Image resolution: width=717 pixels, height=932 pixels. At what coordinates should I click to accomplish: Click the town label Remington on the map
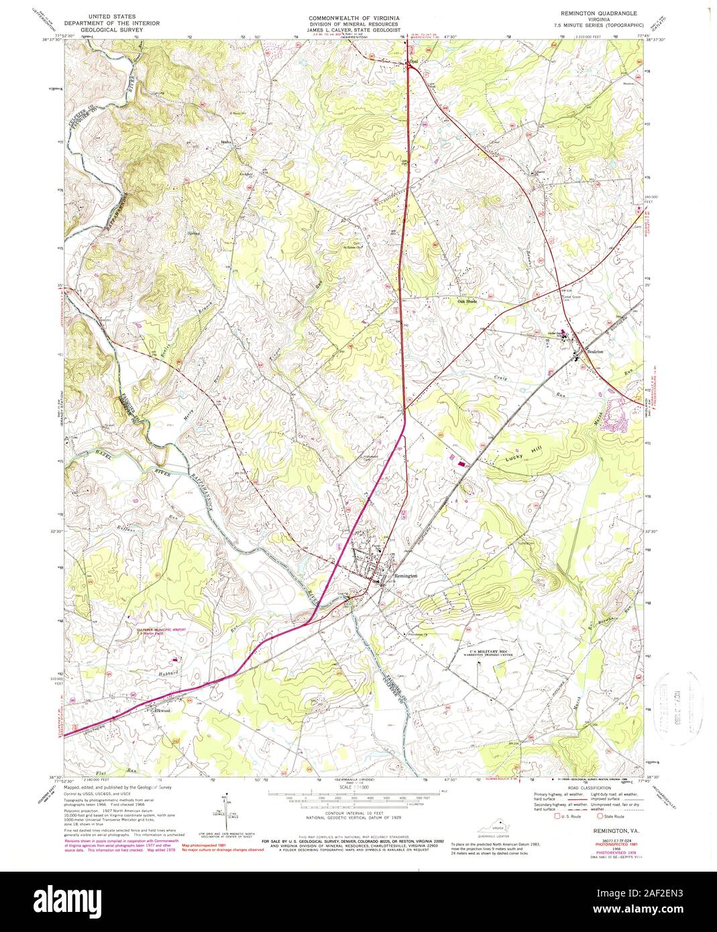(x=406, y=576)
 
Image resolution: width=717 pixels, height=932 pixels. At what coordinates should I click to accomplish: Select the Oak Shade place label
(x=470, y=301)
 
